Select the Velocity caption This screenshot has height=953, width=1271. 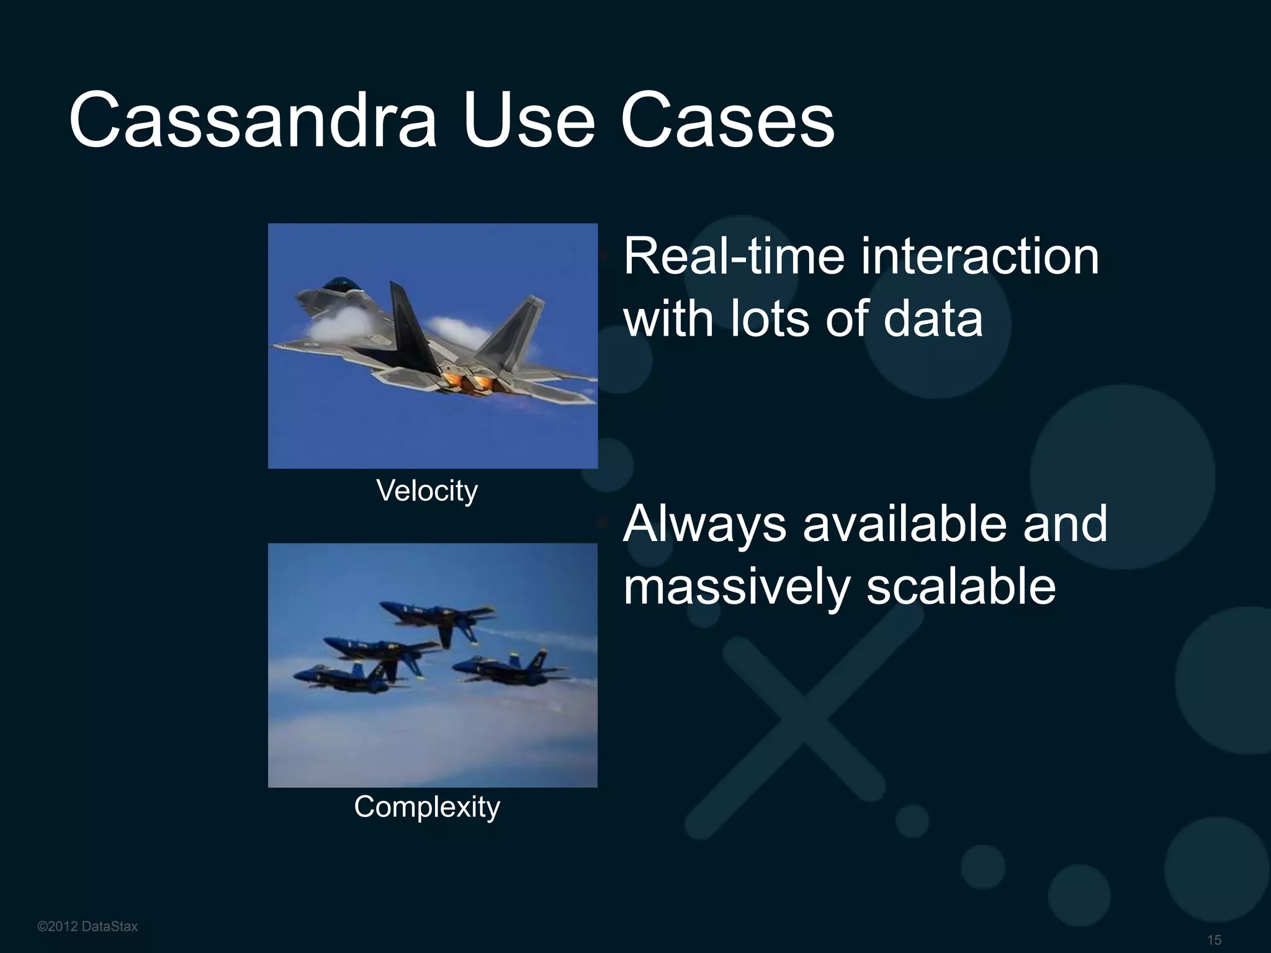pyautogui.click(x=427, y=491)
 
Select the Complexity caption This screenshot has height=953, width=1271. pyautogui.click(x=427, y=807)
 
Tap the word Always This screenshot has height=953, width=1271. pyautogui.click(x=704, y=524)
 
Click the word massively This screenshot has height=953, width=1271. pyautogui.click(x=736, y=588)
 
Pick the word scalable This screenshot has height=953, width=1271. pyautogui.click(x=961, y=588)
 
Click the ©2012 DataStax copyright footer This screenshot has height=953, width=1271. pyautogui.click(x=88, y=926)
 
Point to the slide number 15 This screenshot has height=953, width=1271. pyautogui.click(x=1214, y=940)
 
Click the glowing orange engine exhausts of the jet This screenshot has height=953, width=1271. pyautogui.click(x=469, y=382)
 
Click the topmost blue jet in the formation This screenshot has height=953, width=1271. pyautogui.click(x=434, y=617)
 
